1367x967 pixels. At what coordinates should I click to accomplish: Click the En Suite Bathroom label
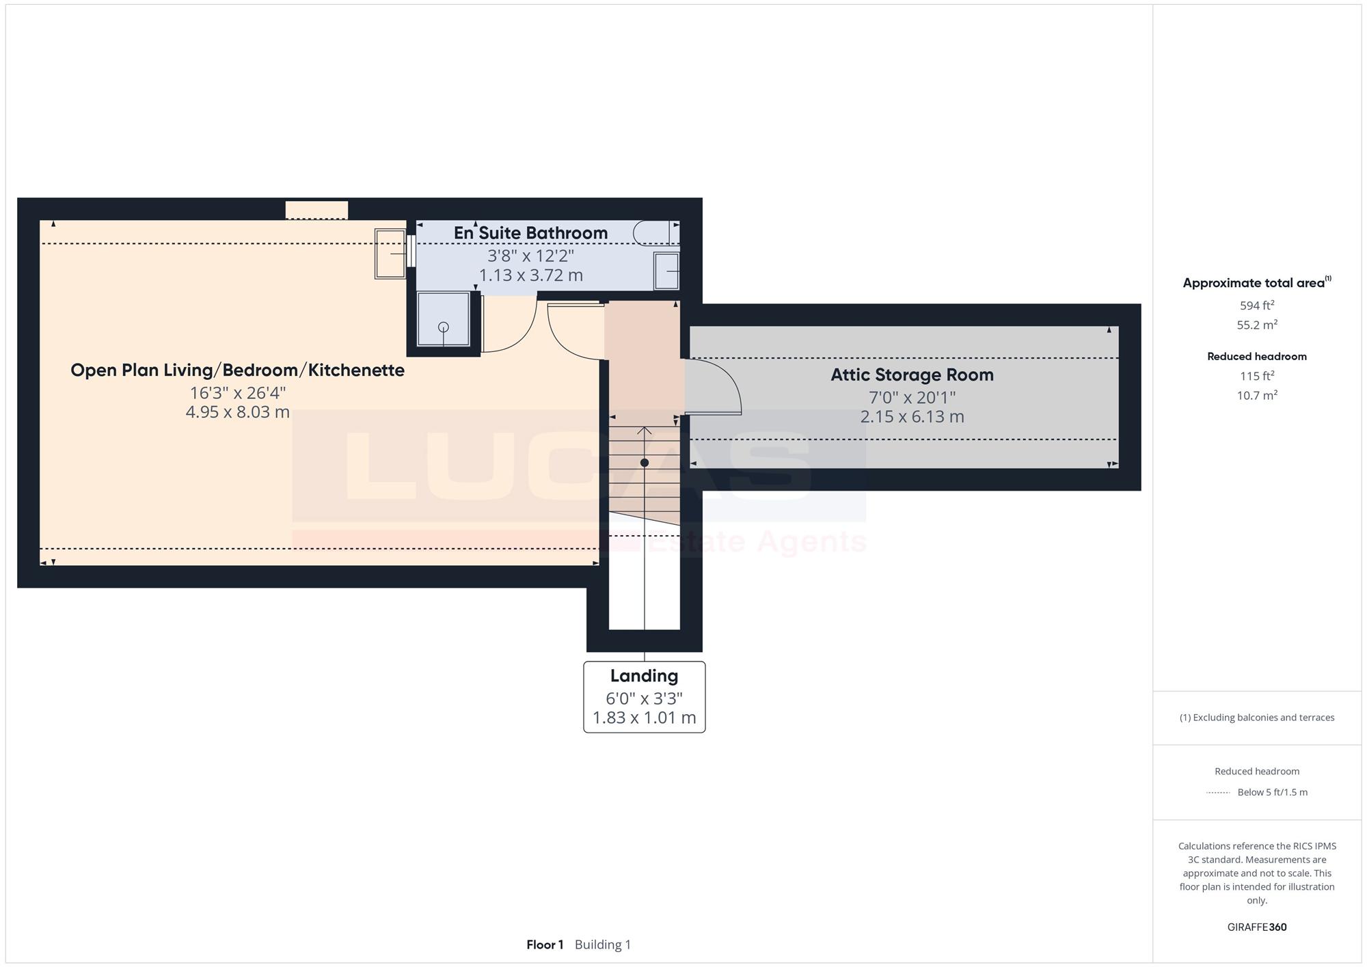[530, 233]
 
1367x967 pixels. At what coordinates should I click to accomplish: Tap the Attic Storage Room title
[912, 374]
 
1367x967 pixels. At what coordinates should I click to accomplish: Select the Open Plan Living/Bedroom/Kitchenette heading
[237, 370]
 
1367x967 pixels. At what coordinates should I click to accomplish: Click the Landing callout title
[644, 676]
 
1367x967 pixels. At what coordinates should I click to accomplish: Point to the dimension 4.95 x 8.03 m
[237, 412]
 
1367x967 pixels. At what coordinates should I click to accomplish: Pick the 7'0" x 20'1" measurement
[912, 397]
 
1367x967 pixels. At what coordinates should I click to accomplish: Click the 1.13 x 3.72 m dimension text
[530, 275]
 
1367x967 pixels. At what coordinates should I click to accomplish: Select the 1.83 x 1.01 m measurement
[644, 718]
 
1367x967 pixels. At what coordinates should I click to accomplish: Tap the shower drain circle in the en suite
[444, 327]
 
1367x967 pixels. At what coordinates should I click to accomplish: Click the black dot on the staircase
[644, 463]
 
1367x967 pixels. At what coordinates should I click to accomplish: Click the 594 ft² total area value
[1257, 305]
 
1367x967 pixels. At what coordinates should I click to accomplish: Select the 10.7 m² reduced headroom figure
[1257, 395]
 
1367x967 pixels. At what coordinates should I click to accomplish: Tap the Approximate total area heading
[1257, 282]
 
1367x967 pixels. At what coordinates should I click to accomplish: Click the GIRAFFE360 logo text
[1257, 927]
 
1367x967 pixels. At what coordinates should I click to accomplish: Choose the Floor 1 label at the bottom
[545, 944]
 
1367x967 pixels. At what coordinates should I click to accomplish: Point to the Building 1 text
[603, 944]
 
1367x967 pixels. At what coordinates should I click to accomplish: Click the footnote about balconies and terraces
[1257, 718]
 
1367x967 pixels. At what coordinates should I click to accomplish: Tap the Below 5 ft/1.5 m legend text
[1273, 793]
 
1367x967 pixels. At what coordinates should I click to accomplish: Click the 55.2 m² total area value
[1257, 325]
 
